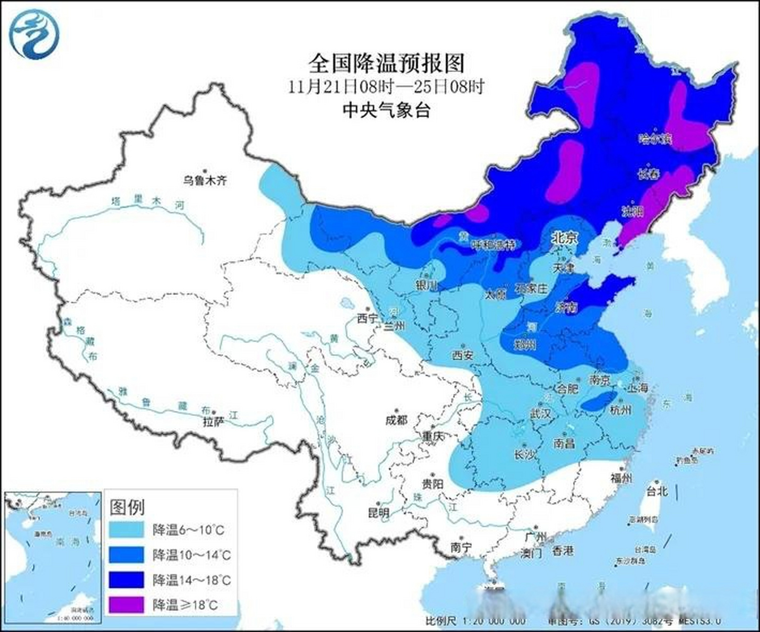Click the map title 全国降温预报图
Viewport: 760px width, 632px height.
[386, 63]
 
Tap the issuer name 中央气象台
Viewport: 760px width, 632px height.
[386, 110]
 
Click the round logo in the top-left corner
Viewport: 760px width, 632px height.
[34, 34]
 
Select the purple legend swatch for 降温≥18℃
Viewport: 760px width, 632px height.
[127, 604]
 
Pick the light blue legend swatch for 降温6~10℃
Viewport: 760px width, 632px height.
[127, 530]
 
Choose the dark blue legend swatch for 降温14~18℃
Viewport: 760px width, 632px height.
[127, 580]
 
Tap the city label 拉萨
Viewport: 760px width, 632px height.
[213, 422]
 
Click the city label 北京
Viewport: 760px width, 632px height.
[564, 239]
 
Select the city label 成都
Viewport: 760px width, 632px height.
[396, 420]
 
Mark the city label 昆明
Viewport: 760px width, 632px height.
[379, 513]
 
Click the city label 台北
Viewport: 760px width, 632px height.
[657, 491]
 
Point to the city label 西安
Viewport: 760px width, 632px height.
[463, 355]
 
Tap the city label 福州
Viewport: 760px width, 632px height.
[621, 478]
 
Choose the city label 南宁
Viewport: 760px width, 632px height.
[461, 547]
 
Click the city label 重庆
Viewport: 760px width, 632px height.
[435, 436]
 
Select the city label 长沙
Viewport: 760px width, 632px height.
[525, 455]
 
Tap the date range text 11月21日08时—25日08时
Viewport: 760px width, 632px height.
[386, 87]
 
